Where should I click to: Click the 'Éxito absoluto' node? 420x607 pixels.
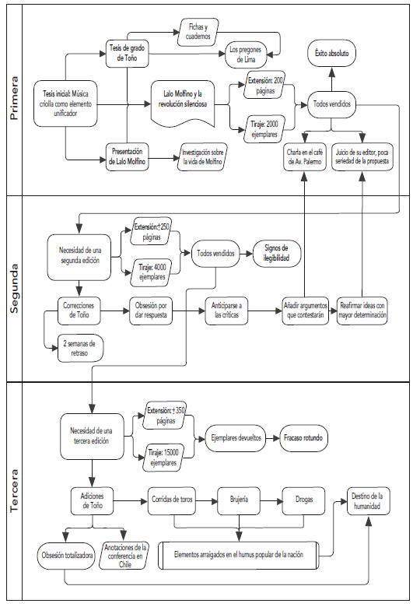click(x=332, y=54)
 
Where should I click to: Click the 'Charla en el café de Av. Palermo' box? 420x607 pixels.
click(x=305, y=156)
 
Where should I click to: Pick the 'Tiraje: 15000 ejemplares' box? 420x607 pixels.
click(x=164, y=458)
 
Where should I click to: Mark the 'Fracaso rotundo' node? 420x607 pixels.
click(x=305, y=438)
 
